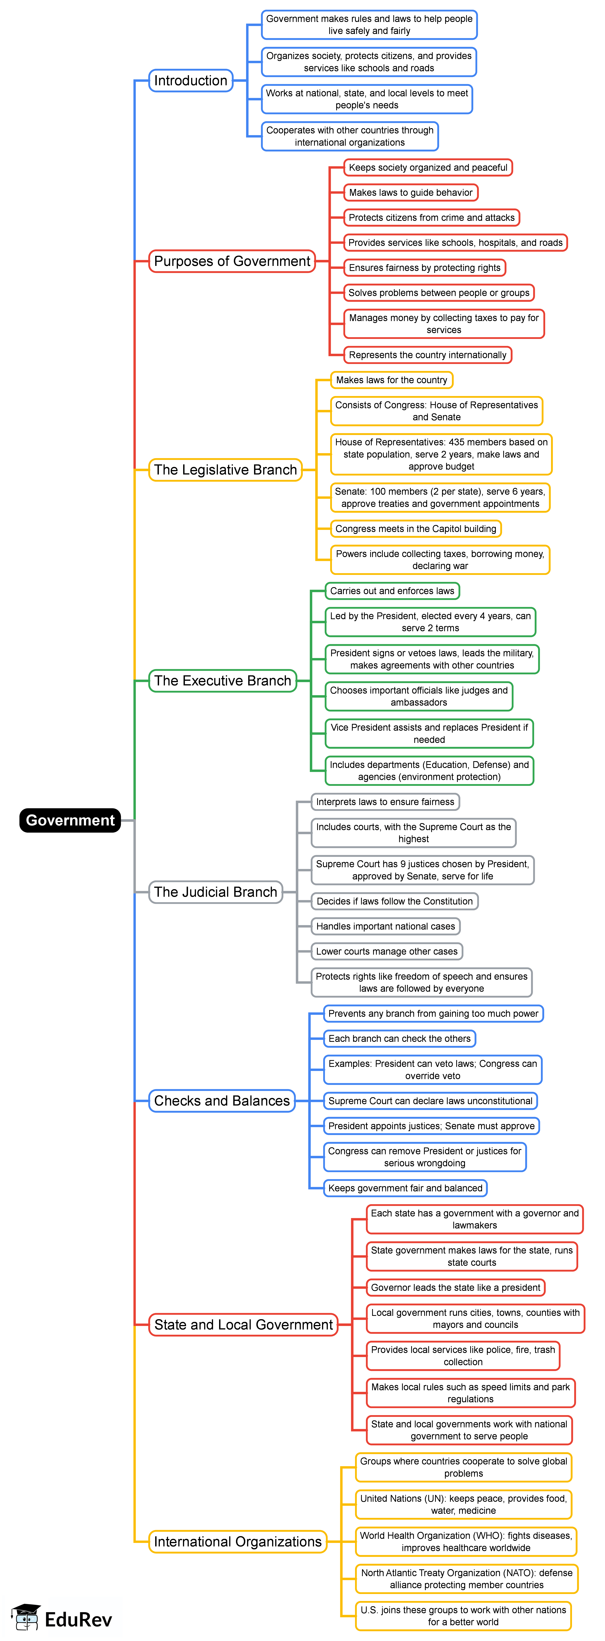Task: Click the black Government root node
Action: [x=70, y=820]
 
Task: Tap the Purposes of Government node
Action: [x=232, y=261]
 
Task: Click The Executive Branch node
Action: [x=222, y=680]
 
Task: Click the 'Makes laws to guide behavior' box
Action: [x=411, y=192]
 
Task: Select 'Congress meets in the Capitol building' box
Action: [x=416, y=529]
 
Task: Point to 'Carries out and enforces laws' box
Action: [x=392, y=590]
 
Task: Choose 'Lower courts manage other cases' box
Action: [x=387, y=951]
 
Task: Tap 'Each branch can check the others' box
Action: [x=399, y=1038]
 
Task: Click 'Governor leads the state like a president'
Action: [x=455, y=1288]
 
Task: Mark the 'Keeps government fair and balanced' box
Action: [x=405, y=1188]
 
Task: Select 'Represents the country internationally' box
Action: [x=427, y=355]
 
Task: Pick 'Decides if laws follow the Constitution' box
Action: [x=394, y=901]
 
